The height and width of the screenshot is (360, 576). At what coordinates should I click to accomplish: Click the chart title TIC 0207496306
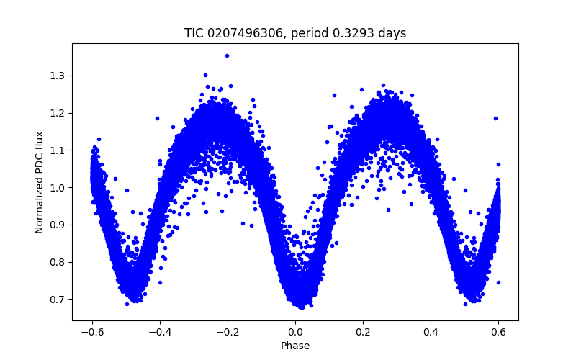(237, 33)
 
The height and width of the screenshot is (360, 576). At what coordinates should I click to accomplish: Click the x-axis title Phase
(295, 346)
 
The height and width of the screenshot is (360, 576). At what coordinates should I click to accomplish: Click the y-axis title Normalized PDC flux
(40, 182)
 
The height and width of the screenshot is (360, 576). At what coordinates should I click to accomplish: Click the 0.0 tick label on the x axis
(295, 332)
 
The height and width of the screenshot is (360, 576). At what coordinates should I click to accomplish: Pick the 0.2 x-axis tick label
(363, 332)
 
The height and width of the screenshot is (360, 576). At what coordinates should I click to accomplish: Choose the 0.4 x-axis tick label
(431, 332)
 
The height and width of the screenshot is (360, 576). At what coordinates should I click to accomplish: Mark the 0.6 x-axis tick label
(499, 332)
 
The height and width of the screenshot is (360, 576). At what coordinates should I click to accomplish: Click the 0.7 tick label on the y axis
(58, 299)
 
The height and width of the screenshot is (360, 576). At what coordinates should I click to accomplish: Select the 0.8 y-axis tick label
(58, 262)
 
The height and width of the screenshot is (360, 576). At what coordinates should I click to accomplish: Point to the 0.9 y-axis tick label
(58, 225)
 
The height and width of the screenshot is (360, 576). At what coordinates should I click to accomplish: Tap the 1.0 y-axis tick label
(58, 187)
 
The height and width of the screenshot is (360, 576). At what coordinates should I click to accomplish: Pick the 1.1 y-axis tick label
(58, 150)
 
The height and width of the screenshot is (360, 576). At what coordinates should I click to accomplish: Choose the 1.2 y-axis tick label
(58, 113)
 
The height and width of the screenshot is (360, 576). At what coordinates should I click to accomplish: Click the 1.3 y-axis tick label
(58, 76)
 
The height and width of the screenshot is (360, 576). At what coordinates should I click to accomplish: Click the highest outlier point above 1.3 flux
(227, 55)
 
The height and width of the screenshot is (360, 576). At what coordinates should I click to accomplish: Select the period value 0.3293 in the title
(354, 33)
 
